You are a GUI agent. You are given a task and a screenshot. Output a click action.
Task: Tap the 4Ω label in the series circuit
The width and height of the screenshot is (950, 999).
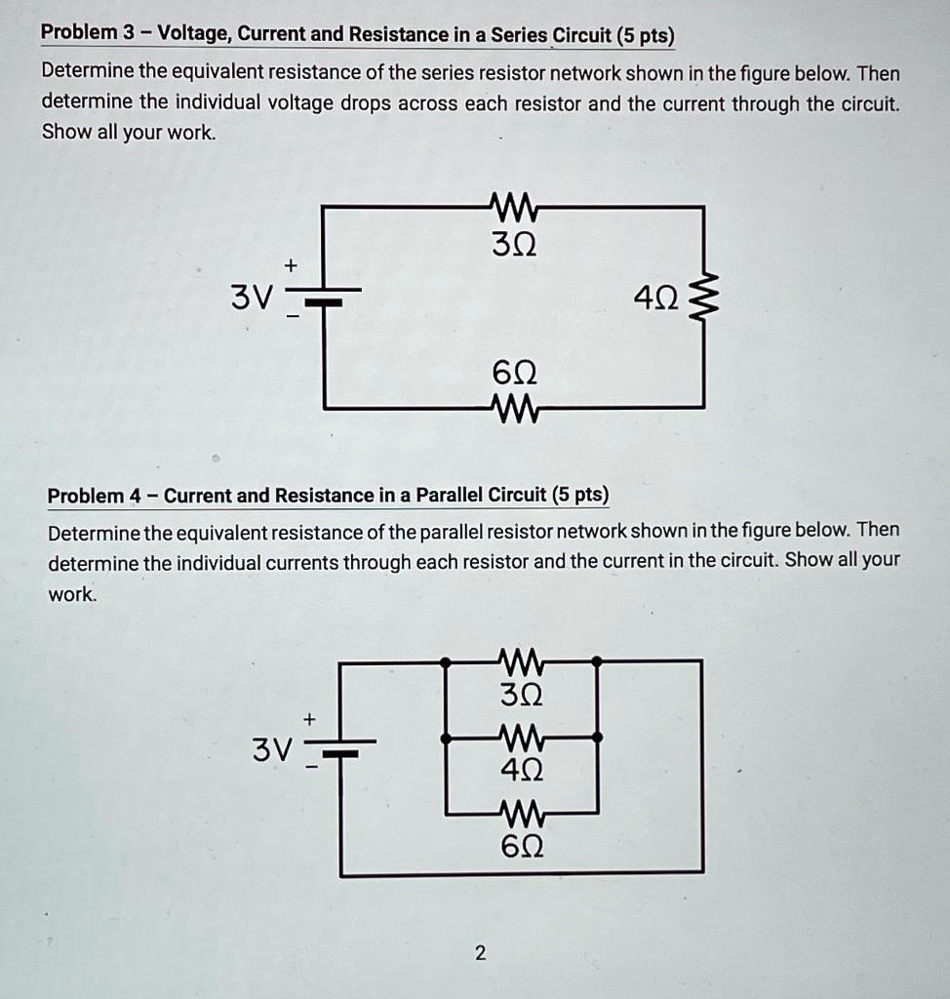(653, 294)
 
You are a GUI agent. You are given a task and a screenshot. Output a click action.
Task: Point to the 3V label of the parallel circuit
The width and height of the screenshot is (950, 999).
(272, 750)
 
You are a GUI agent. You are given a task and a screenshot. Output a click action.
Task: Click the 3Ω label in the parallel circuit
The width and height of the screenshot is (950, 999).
(522, 697)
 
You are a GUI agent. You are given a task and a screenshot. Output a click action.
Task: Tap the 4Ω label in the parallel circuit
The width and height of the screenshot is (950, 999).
(522, 771)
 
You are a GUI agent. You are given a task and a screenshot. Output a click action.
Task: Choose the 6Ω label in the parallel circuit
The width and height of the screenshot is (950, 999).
(522, 847)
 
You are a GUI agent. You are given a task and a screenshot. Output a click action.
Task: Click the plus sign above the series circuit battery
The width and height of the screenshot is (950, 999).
(290, 265)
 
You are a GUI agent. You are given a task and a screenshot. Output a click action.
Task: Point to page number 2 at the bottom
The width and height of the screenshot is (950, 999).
(479, 952)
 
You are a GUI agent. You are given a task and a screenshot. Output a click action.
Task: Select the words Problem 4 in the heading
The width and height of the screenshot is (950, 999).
(93, 496)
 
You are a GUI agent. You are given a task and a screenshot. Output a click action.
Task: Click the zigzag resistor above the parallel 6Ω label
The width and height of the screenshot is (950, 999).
(521, 811)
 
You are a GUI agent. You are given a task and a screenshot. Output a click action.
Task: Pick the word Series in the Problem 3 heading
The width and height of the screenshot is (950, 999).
(519, 35)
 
